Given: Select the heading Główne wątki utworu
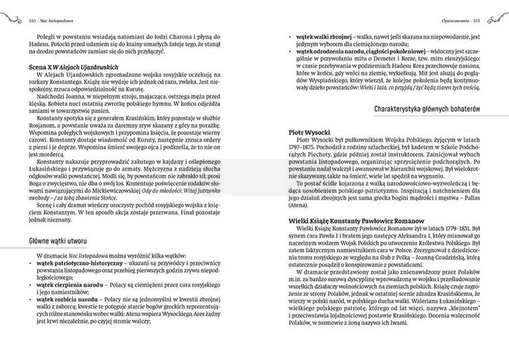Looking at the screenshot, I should pos(59,241).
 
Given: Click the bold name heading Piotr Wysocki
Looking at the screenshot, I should pos(308,134).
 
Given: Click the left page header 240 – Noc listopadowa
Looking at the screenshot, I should pos(53,6).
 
